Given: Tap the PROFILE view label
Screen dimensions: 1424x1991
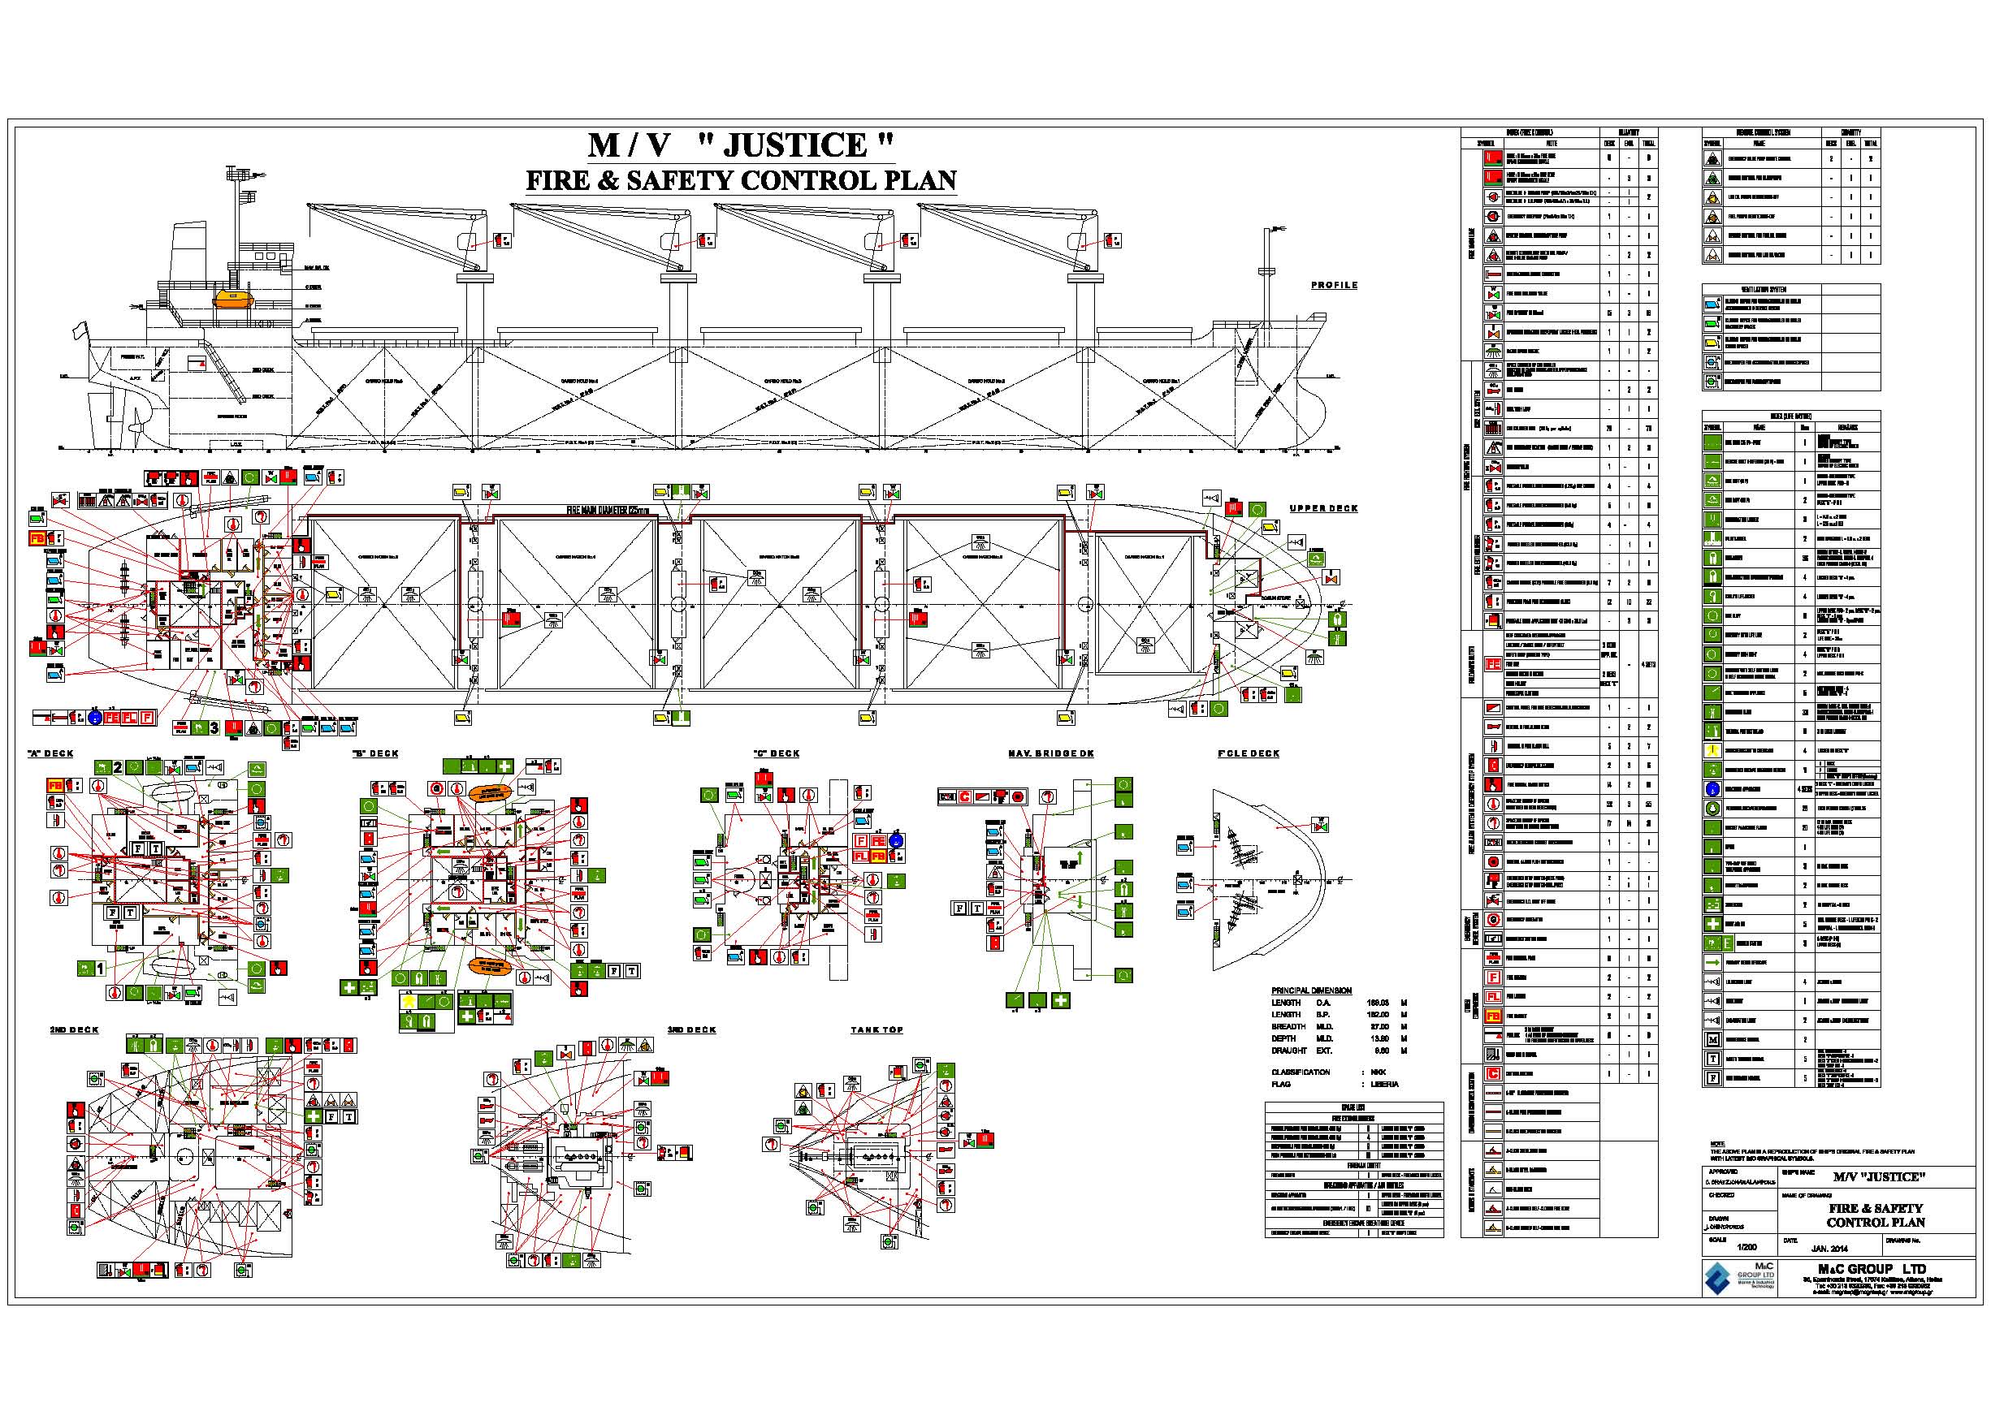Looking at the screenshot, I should (1334, 285).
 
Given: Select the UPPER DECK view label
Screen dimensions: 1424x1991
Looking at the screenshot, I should (1322, 508).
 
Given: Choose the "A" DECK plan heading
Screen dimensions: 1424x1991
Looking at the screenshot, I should (52, 753).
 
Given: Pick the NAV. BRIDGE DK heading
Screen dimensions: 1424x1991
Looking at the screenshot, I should (1051, 753).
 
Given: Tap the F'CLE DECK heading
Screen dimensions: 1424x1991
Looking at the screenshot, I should (1248, 753).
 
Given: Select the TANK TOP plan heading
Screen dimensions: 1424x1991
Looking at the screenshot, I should (876, 1029).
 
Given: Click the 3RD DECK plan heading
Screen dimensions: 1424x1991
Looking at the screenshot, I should (691, 1029).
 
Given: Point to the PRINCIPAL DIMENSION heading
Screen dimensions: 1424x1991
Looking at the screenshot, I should (1311, 990).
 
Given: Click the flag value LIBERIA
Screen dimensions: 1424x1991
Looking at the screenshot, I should (1384, 1084).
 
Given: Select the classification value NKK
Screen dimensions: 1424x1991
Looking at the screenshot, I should (1378, 1072).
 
